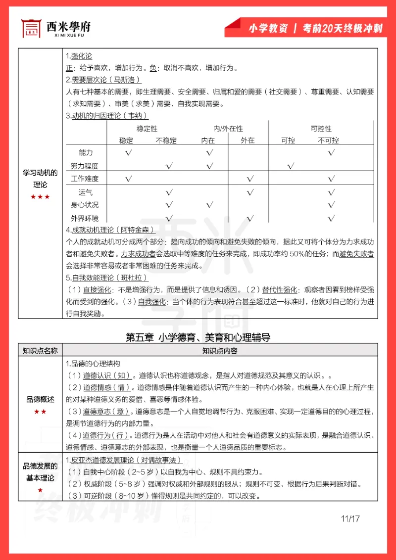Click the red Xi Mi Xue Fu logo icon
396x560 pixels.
point(31,28)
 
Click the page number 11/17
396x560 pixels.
point(349,518)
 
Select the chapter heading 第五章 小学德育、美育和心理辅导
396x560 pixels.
point(198,337)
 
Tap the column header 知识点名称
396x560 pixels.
point(40,351)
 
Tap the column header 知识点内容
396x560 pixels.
point(219,351)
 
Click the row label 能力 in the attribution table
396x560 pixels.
point(86,152)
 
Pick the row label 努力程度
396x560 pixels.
point(85,166)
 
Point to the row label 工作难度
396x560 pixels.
point(85,179)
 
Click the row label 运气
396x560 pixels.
point(86,192)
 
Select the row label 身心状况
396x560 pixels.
point(85,205)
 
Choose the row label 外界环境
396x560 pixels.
point(85,218)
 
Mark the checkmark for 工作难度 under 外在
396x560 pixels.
point(250,179)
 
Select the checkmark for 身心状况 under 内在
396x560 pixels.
point(209,205)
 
